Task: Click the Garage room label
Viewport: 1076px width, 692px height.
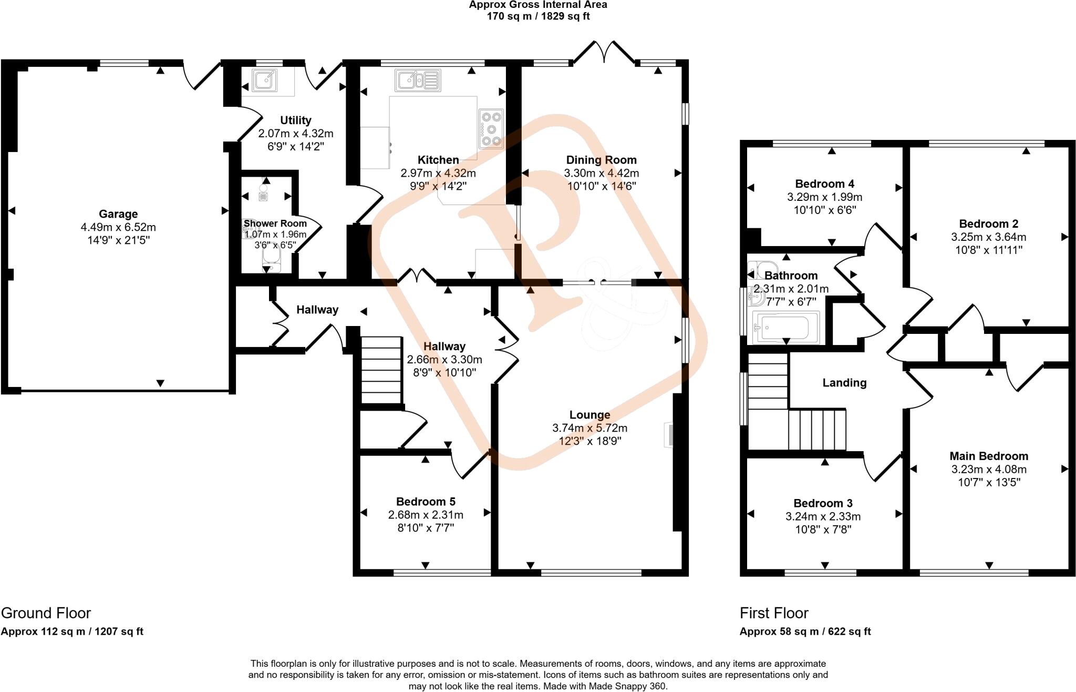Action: (118, 214)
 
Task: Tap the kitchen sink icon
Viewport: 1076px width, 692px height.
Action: (418, 80)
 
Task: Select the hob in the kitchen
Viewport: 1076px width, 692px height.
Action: (491, 128)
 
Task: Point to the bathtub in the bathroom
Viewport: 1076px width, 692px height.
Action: (785, 328)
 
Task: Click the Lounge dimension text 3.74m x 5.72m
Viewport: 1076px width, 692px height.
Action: (589, 428)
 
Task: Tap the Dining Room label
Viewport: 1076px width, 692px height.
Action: (601, 160)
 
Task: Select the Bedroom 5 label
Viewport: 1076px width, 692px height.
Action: (426, 501)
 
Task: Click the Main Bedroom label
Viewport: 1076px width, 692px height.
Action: (989, 456)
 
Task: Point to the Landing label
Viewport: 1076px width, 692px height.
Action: (844, 383)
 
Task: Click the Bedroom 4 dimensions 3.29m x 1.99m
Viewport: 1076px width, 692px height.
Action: (824, 197)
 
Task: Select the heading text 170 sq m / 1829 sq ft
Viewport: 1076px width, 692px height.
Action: (538, 16)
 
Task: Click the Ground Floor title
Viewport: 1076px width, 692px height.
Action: (46, 613)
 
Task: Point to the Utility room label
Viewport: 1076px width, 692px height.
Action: (296, 120)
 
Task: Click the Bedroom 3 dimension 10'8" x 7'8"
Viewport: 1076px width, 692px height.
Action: (823, 530)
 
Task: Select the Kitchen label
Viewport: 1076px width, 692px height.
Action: (438, 160)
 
